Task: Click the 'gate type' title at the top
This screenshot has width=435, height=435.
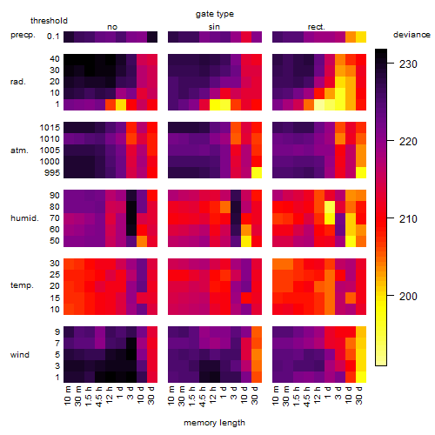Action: click(215, 15)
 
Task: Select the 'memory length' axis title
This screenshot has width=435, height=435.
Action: click(214, 423)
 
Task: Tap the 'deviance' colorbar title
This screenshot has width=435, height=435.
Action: click(412, 35)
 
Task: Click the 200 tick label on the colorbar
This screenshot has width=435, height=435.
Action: click(408, 296)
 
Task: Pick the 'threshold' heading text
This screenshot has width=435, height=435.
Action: click(49, 21)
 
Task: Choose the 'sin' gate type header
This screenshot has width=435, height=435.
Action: click(214, 27)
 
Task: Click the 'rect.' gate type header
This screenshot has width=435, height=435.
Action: click(316, 27)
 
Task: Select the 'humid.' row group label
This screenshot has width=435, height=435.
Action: click(24, 218)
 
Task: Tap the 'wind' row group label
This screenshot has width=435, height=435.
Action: click(20, 355)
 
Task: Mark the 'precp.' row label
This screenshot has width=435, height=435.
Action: click(23, 35)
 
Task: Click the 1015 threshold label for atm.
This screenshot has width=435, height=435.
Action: click(50, 127)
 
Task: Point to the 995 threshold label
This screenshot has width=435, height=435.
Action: click(52, 173)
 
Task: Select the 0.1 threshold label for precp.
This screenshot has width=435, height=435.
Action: click(53, 37)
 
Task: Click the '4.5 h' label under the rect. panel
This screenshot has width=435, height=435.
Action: click(307, 396)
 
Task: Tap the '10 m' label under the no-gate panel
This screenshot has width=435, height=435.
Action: click(67, 396)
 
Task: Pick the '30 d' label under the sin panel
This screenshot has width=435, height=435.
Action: click(255, 396)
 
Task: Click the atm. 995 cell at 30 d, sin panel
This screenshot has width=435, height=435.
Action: click(257, 173)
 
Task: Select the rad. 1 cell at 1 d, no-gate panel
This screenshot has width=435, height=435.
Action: click(121, 104)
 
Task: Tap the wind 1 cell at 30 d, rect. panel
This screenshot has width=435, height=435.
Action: click(361, 378)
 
